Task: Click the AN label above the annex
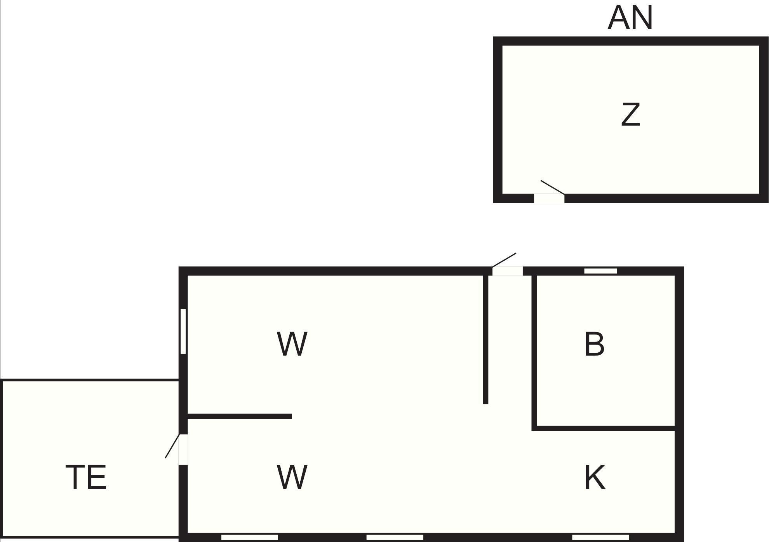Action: coord(630,18)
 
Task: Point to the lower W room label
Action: coord(292,477)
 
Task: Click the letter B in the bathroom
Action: coord(594,344)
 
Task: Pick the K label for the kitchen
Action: coord(595,477)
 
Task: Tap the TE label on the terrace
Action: coord(86,477)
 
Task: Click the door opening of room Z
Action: coord(549,198)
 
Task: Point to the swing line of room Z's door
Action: coord(552,187)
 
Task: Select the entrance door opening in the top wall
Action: coord(507,271)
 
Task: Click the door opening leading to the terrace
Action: coord(183,449)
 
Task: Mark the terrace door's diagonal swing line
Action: coord(172,446)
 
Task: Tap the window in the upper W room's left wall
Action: coord(183,331)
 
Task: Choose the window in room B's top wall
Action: coord(600,271)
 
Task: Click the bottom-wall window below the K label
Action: coord(600,537)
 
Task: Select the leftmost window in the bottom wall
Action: coord(249,537)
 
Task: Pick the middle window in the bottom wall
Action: coord(395,537)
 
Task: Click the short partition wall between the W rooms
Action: coord(239,416)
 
